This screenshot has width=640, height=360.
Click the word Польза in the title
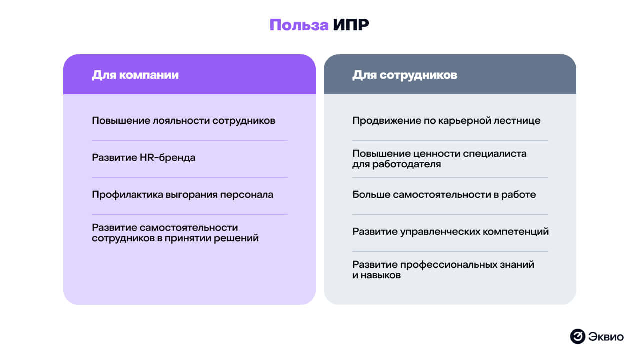(299, 25)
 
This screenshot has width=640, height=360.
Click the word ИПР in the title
(350, 25)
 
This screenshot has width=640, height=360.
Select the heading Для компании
(135, 75)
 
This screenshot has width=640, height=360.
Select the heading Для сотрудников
(405, 75)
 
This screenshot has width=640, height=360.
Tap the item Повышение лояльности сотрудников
(183, 121)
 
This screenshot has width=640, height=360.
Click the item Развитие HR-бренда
(143, 158)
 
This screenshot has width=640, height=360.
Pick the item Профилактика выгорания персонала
(182, 195)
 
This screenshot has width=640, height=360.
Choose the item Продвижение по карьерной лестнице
(446, 121)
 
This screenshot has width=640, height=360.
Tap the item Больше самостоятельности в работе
(444, 195)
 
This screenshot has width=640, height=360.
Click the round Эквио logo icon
(577, 336)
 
